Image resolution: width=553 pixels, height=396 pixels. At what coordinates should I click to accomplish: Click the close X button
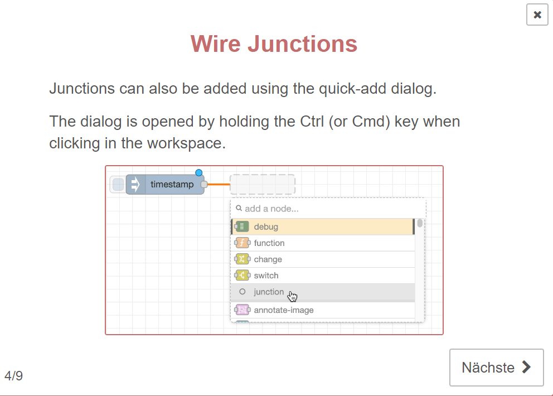click(537, 15)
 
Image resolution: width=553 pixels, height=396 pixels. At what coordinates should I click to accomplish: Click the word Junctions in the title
click(302, 44)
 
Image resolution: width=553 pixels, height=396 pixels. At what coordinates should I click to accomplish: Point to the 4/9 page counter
click(14, 375)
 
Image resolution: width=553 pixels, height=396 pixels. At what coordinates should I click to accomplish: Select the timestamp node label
click(172, 184)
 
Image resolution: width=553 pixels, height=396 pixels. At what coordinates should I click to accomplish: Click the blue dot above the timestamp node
click(199, 172)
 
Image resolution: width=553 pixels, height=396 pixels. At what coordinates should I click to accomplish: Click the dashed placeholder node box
click(263, 184)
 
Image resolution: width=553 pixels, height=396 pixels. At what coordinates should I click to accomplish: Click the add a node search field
click(328, 209)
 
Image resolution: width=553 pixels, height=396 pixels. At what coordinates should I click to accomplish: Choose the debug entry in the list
click(323, 226)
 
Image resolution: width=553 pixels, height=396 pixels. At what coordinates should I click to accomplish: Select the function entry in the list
click(323, 243)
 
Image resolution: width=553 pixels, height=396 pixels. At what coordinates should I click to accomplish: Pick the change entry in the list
click(323, 259)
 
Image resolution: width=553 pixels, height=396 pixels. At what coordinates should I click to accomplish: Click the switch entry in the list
click(323, 276)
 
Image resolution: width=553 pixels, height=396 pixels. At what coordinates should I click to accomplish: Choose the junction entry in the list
click(323, 292)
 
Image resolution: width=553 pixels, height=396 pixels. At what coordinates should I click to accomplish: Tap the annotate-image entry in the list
click(323, 310)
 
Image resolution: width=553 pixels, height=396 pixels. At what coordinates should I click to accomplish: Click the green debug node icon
click(242, 226)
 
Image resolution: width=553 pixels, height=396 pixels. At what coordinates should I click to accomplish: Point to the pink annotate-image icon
click(242, 310)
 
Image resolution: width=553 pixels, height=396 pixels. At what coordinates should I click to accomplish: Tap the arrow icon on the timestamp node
click(135, 184)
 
